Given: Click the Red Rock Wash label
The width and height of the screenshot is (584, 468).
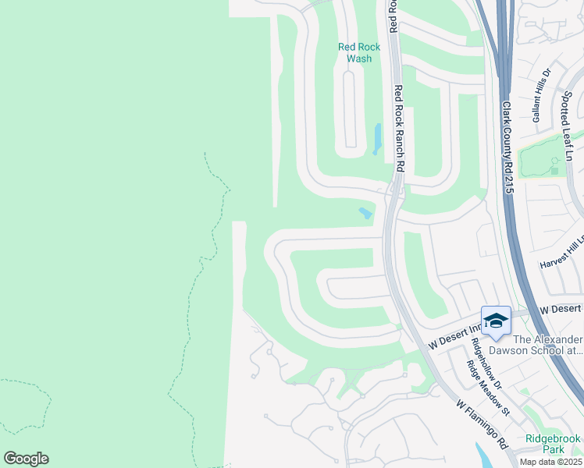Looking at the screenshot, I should pyautogui.click(x=359, y=52).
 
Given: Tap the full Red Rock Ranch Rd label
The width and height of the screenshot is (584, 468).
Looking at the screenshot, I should pyautogui.click(x=398, y=128).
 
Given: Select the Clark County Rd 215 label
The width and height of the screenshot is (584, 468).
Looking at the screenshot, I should pyautogui.click(x=507, y=147).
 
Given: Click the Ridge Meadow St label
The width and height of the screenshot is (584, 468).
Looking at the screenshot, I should pyautogui.click(x=488, y=388).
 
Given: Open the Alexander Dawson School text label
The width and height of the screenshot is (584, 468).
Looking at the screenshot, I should pyautogui.click(x=547, y=345).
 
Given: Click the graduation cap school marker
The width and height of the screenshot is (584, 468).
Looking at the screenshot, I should pyautogui.click(x=496, y=321).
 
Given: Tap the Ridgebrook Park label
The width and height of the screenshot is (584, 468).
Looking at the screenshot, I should pyautogui.click(x=554, y=444).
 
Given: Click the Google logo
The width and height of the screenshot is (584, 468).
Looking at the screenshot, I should pyautogui.click(x=26, y=459).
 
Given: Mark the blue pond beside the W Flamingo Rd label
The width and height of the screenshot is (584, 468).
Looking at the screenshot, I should pyautogui.click(x=485, y=457).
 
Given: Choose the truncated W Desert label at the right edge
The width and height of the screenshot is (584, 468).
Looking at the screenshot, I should pyautogui.click(x=564, y=310).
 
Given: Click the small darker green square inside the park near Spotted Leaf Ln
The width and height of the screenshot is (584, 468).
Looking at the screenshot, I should pyautogui.click(x=554, y=170).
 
